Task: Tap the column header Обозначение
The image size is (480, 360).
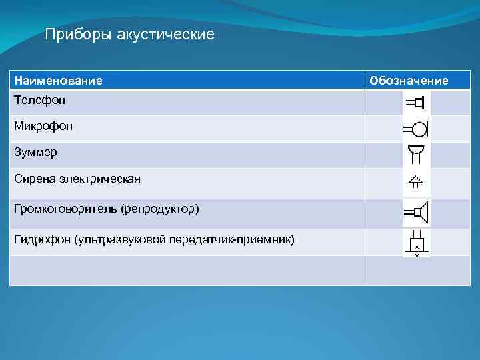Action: (409, 81)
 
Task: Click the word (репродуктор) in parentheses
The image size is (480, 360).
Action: (160, 209)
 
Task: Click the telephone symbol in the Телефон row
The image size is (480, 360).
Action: (415, 103)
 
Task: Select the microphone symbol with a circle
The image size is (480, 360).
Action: (416, 127)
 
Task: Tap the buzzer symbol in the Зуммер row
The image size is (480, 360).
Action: (416, 153)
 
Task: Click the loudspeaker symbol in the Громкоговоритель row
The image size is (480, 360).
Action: (416, 213)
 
